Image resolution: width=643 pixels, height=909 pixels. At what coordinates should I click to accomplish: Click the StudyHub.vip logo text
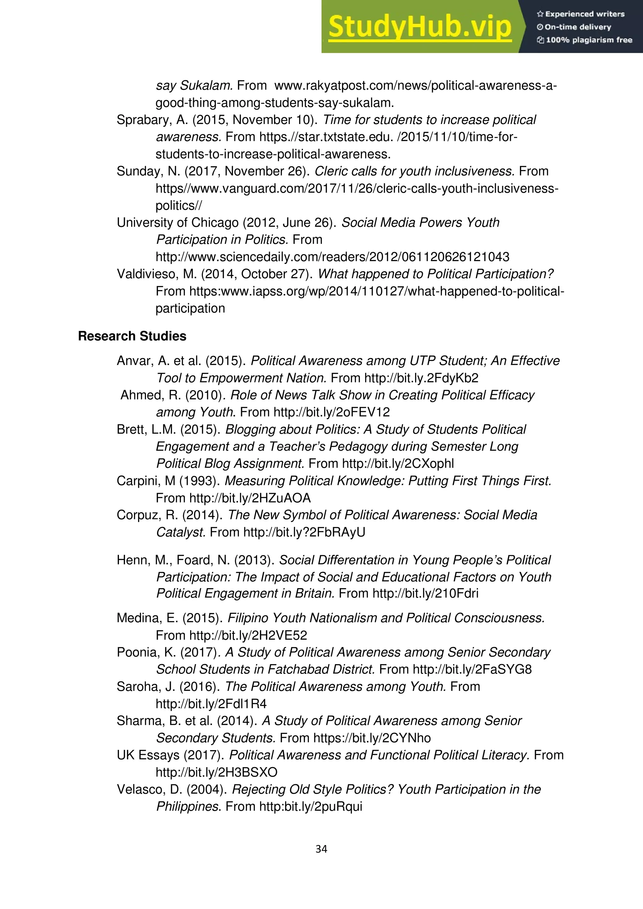tap(420, 27)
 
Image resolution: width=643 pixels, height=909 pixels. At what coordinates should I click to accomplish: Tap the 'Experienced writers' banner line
tap(581, 14)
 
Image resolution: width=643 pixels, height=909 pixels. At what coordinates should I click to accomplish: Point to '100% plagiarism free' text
tap(585, 40)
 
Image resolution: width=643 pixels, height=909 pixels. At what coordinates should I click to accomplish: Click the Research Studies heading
tap(132, 336)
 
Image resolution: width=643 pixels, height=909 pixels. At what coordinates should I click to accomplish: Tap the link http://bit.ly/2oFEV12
tap(332, 412)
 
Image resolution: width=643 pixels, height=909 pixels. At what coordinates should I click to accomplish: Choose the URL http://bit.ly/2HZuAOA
tap(250, 498)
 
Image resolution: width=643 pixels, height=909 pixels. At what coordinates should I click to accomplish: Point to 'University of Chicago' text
tap(177, 223)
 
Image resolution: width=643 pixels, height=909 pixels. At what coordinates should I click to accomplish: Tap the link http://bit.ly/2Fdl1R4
tap(211, 704)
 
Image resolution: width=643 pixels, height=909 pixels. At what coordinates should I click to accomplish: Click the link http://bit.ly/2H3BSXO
tap(217, 772)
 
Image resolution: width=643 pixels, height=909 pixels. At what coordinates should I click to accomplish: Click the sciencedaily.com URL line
tap(332, 257)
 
